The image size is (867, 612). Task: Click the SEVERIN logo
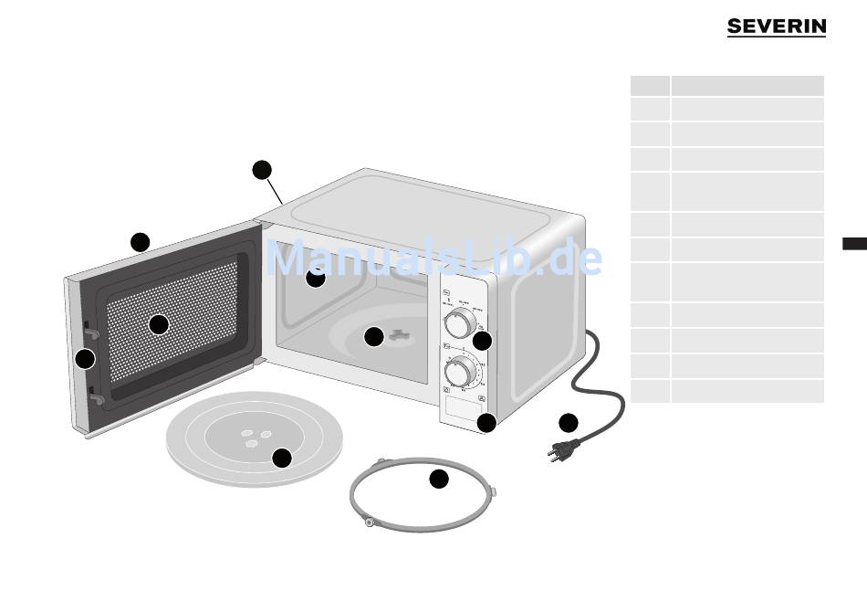coord(776,27)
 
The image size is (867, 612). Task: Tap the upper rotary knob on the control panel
coord(460,322)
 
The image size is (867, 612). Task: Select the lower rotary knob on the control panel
coord(460,371)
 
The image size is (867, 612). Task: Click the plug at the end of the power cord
coord(559,449)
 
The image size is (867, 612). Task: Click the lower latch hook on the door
coord(95,398)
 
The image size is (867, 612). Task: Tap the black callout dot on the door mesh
coord(159,324)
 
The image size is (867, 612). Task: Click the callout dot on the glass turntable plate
coord(282,458)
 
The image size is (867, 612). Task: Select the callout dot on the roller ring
coord(439,479)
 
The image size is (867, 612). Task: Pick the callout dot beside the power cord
coord(569,422)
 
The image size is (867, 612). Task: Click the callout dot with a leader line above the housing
coord(262,169)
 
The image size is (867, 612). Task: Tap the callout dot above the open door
coord(140,242)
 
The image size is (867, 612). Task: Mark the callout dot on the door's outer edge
coord(85,359)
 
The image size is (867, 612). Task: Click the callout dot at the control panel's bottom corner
coord(486,422)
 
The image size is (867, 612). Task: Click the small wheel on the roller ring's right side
coord(493,491)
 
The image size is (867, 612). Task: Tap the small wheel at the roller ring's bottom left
coord(368,522)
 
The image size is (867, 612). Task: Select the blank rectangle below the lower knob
coord(463,406)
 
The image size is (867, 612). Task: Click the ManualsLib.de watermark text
coord(433,259)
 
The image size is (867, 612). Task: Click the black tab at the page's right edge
coord(854,243)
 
